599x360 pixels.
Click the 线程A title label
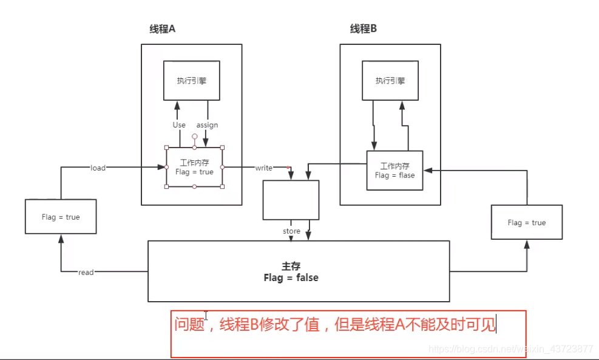(163, 29)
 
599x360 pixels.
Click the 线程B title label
(364, 29)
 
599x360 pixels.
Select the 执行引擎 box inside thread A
(191, 80)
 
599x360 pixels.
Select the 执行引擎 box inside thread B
(390, 80)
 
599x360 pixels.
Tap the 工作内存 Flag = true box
(194, 167)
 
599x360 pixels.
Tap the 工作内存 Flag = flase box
(394, 171)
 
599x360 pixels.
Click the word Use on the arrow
(179, 125)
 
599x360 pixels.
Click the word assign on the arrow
(207, 125)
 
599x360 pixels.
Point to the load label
(98, 168)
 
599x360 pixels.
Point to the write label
(263, 168)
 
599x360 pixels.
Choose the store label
(291, 231)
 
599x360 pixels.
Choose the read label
(86, 273)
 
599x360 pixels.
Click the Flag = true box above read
(61, 217)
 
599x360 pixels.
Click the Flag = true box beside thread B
(527, 223)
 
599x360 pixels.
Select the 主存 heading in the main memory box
(291, 266)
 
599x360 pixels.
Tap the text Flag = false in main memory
(291, 277)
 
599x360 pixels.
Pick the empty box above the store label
(291, 200)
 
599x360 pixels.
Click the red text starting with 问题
(334, 325)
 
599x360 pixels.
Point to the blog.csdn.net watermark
(510, 349)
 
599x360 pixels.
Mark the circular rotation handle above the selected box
(194, 137)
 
